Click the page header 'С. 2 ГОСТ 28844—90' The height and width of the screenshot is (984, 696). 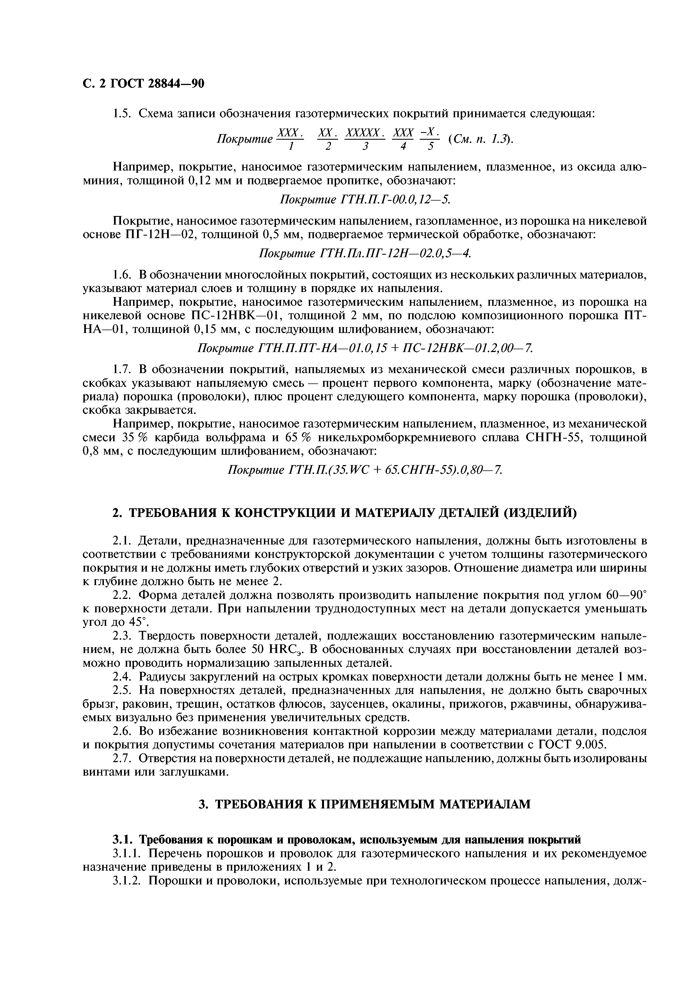(x=143, y=84)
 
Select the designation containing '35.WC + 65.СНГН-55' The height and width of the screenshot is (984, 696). (x=364, y=470)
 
